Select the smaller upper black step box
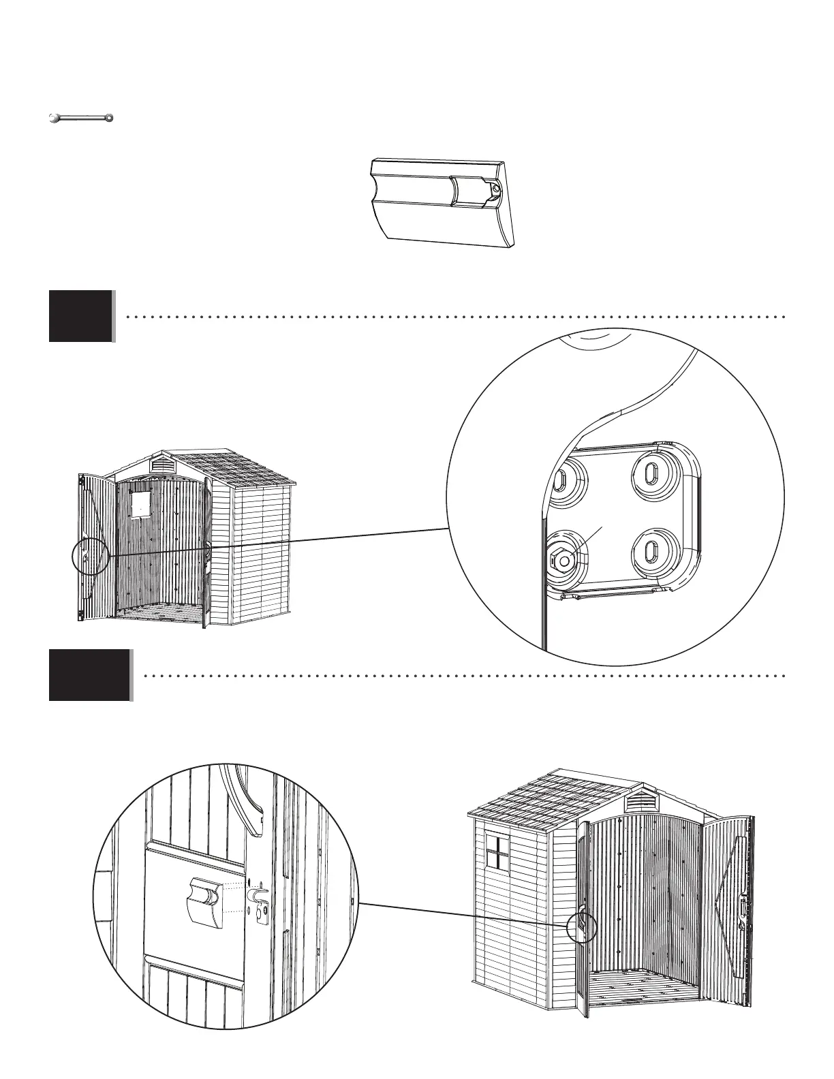[80, 315]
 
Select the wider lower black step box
[89, 675]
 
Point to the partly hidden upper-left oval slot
[560, 480]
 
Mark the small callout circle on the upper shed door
[90, 557]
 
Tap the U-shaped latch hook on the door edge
[260, 894]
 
